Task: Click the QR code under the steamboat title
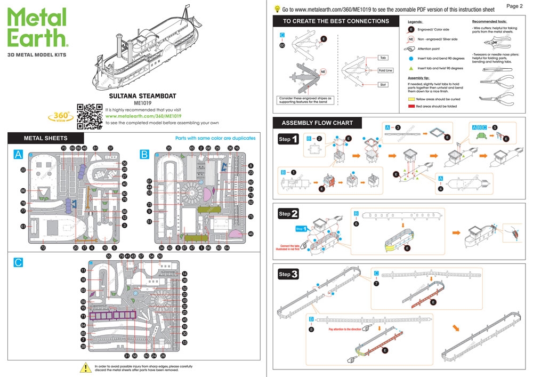(90, 116)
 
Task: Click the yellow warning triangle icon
(85, 367)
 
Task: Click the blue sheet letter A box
(19, 154)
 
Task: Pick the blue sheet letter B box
(144, 154)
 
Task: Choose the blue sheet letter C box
(19, 262)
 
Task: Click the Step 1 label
(288, 139)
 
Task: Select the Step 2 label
(288, 214)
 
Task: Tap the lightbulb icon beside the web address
(277, 9)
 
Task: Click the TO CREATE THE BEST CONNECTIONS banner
(336, 21)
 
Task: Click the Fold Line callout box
(385, 70)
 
